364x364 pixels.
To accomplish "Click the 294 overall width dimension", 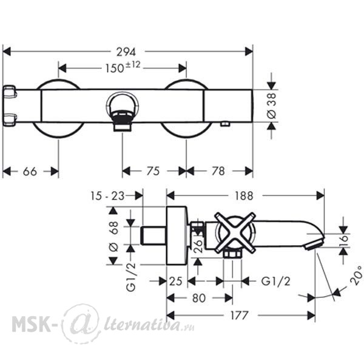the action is click(126, 52).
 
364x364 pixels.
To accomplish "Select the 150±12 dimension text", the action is click(123, 67).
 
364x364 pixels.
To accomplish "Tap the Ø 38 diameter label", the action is click(271, 106).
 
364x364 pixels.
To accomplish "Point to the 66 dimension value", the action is click(30, 172).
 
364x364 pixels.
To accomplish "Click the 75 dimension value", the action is click(153, 171).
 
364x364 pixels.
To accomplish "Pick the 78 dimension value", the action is click(218, 171).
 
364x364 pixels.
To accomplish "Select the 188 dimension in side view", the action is click(244, 196).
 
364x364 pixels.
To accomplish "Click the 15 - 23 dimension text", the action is click(107, 196).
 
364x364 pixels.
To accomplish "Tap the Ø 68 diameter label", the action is click(113, 237).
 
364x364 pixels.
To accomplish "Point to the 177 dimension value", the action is click(240, 315).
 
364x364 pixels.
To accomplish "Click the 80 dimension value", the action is click(199, 298).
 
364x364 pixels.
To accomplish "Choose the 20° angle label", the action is click(357, 276).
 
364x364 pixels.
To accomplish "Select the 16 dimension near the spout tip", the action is click(344, 238).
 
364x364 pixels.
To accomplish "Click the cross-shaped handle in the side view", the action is click(235, 232).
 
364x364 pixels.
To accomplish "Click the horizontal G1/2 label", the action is click(276, 281).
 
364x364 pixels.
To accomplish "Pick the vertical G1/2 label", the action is click(131, 277).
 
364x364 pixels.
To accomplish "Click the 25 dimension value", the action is click(176, 281).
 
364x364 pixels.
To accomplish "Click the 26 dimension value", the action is click(198, 246).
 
